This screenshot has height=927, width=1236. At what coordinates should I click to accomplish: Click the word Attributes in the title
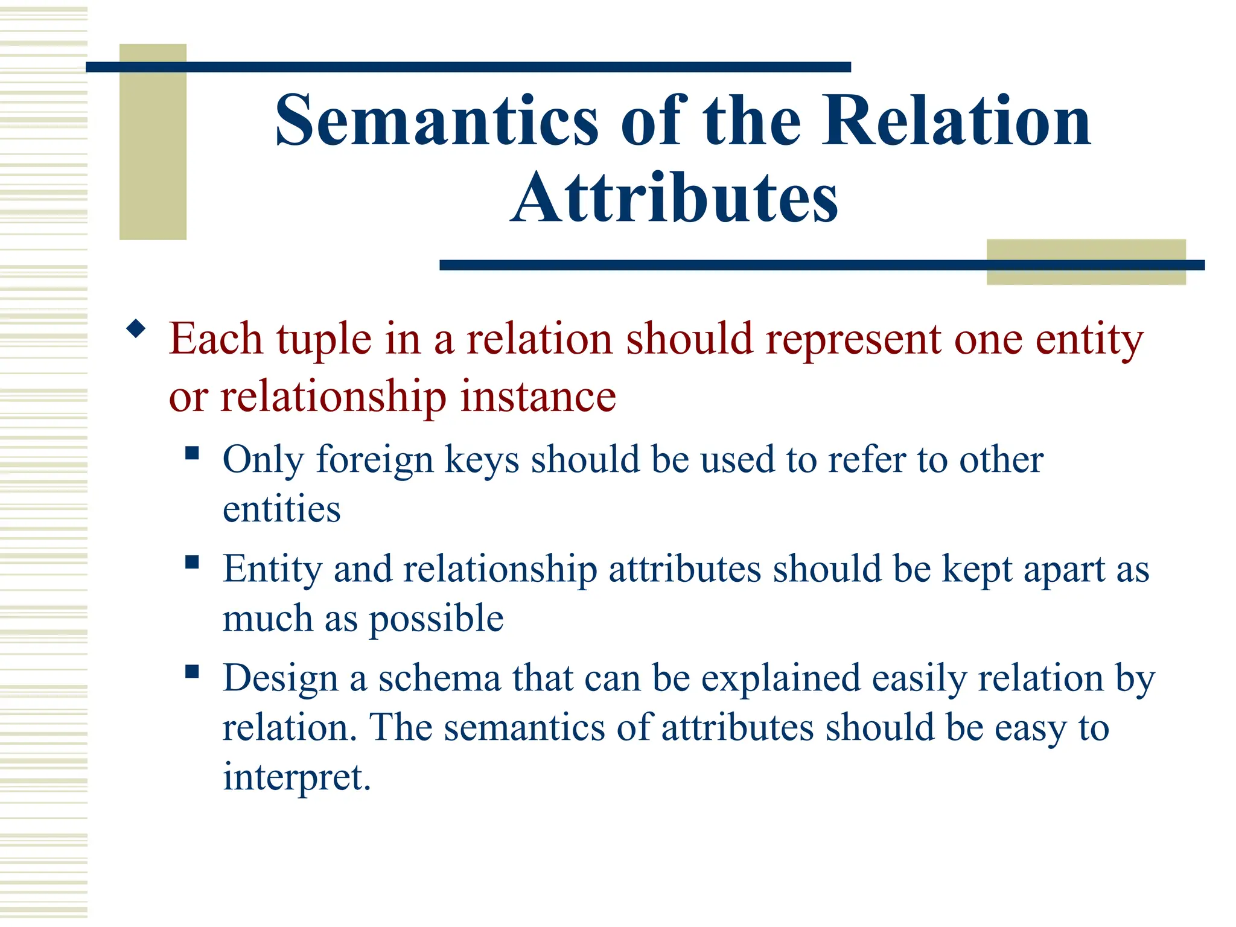point(674,198)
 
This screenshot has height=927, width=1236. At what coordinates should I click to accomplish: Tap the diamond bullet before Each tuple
point(136,329)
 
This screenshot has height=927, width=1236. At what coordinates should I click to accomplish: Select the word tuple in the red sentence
point(324,340)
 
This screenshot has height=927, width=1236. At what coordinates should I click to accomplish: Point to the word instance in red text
point(538,397)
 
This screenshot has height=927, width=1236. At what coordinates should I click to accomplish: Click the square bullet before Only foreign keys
point(192,453)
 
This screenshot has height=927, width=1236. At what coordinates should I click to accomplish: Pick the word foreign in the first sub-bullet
point(375,460)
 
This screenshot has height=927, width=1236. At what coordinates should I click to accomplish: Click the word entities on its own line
point(281,509)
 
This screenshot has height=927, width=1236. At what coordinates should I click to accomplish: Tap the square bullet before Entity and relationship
point(192,562)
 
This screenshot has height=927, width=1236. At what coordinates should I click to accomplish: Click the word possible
point(436,619)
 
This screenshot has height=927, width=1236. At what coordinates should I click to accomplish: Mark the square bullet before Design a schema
point(192,672)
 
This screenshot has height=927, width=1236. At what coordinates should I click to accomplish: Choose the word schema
point(439,678)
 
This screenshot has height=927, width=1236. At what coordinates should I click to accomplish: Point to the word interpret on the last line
point(296,777)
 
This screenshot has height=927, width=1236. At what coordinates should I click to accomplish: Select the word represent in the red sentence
point(853,340)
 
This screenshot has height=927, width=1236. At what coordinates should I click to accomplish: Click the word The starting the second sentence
point(400,727)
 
